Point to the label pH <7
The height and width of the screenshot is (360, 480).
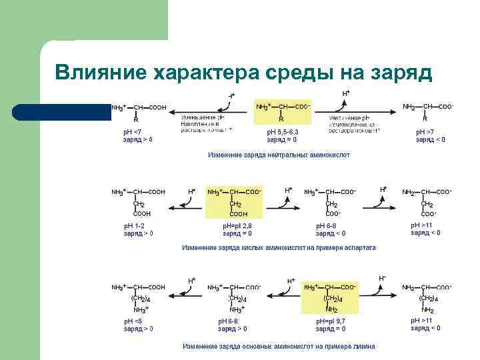point(133,131)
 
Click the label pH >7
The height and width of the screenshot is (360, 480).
point(425,132)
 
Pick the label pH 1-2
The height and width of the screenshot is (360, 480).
point(134,226)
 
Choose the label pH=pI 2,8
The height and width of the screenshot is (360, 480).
point(237,226)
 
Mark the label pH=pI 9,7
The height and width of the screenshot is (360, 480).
point(331,321)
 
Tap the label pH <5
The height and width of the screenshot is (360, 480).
point(133,321)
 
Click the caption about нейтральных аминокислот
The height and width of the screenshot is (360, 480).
point(279,155)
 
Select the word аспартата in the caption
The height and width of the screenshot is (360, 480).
point(359,247)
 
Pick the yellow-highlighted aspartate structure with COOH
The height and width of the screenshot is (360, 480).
point(234,202)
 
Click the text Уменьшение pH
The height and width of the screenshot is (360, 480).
point(202,117)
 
